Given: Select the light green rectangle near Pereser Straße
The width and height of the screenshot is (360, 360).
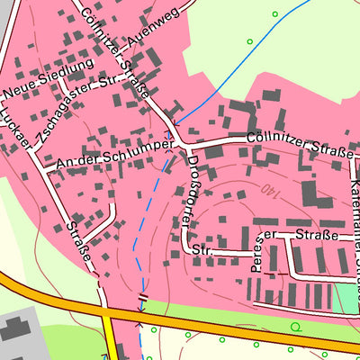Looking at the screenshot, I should (346, 298).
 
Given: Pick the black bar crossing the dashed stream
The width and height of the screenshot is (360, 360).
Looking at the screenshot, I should (142, 296).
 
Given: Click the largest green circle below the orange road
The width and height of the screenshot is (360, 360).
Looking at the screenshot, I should (295, 326).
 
